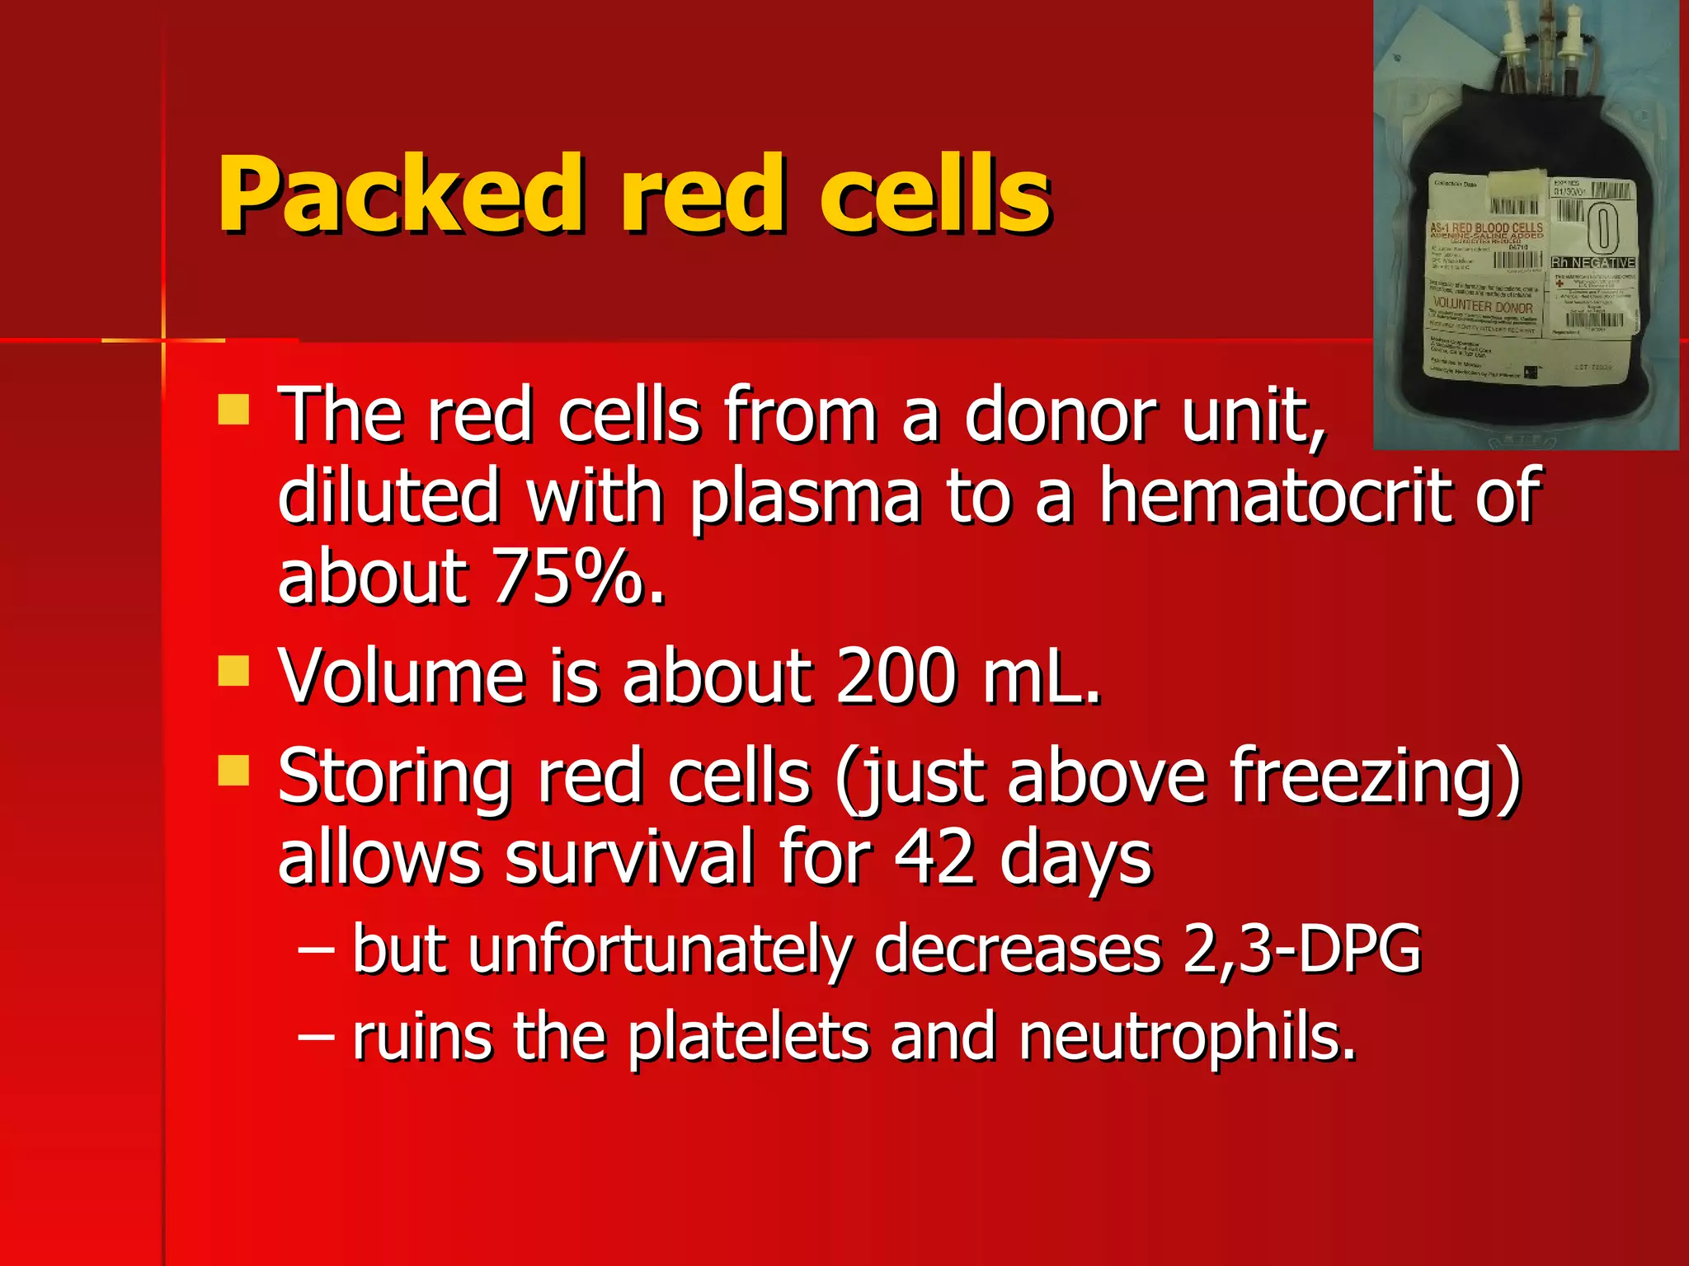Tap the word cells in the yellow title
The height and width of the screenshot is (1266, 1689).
coord(934,195)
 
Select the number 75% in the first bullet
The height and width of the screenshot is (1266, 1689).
coord(577,577)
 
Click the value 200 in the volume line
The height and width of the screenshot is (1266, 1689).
coord(896,678)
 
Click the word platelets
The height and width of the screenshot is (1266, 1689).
coord(747,1038)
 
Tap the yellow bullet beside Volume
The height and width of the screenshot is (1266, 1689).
coord(234,671)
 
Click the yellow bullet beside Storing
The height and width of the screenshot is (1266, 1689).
coord(234,771)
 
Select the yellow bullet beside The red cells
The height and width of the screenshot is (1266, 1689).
coord(234,410)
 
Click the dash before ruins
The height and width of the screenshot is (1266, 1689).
coord(317,1038)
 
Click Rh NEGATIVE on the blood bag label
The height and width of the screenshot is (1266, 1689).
coord(1593,263)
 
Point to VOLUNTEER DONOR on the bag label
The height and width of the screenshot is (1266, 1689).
coord(1482,307)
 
